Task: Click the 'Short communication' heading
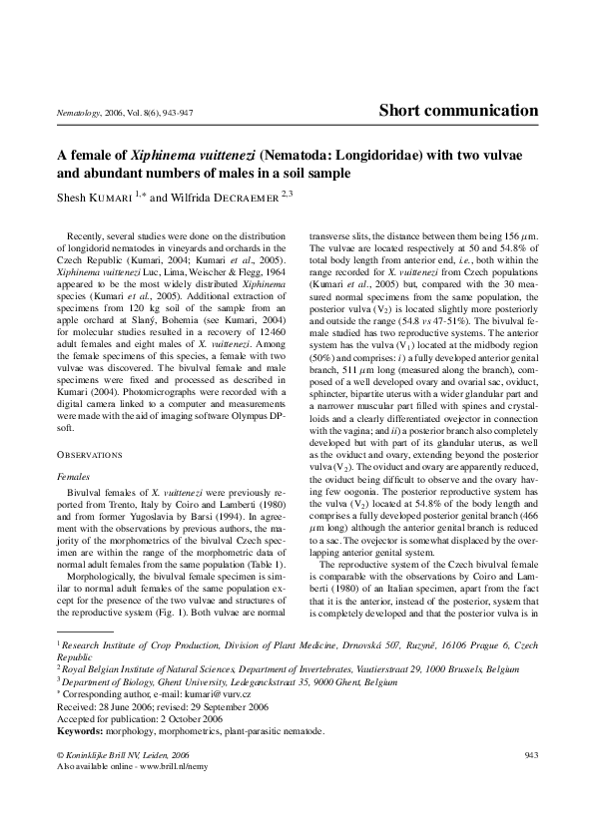point(459,111)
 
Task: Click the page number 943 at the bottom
point(530,755)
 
